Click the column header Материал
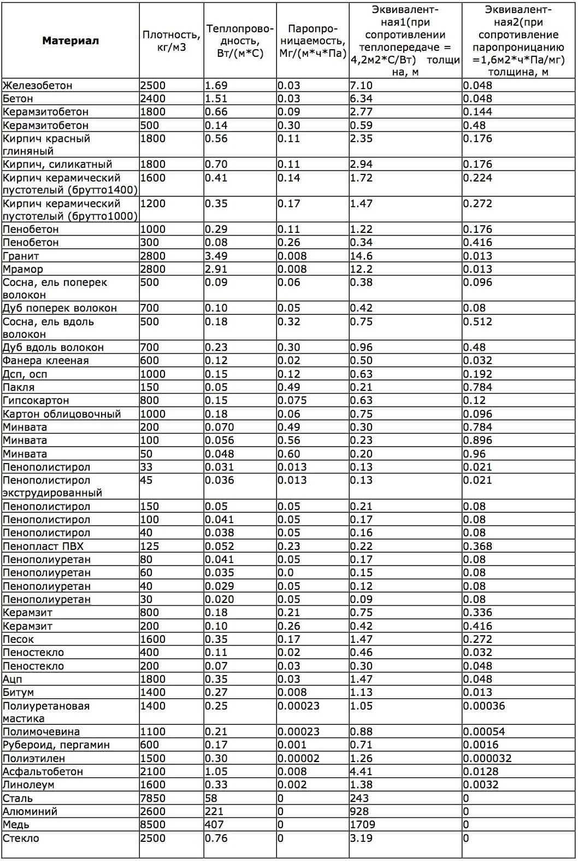click(x=70, y=40)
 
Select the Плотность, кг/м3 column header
click(x=172, y=41)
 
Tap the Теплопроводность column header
click(x=240, y=41)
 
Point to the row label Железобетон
click(x=38, y=85)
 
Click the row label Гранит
click(x=21, y=256)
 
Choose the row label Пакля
click(x=19, y=387)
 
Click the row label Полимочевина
click(x=42, y=731)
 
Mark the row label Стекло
click(x=21, y=838)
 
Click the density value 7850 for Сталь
click(x=153, y=798)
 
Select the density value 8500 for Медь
click(x=153, y=824)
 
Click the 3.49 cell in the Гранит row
click(x=216, y=256)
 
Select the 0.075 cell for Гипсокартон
click(x=292, y=400)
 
